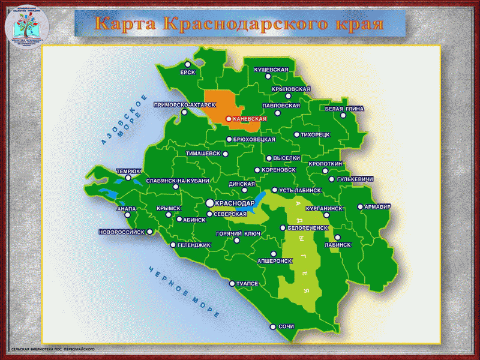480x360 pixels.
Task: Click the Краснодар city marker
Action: pyautogui.click(x=210, y=203)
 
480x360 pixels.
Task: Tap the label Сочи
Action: pyautogui.click(x=286, y=327)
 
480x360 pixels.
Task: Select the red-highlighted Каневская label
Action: pyautogui.click(x=248, y=119)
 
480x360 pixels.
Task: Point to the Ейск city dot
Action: pyautogui.click(x=187, y=64)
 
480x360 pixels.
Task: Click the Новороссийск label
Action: pyautogui.click(x=122, y=232)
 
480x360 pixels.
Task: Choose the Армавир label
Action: pyautogui.click(x=377, y=207)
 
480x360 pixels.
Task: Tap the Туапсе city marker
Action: pyautogui.click(x=232, y=283)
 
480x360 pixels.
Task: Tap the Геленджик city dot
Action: pyautogui.click(x=173, y=245)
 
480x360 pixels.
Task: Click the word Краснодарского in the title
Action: pyautogui.click(x=244, y=23)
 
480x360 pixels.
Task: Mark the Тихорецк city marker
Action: pyautogui.click(x=296, y=135)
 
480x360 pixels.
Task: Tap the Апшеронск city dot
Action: pyautogui.click(x=273, y=254)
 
